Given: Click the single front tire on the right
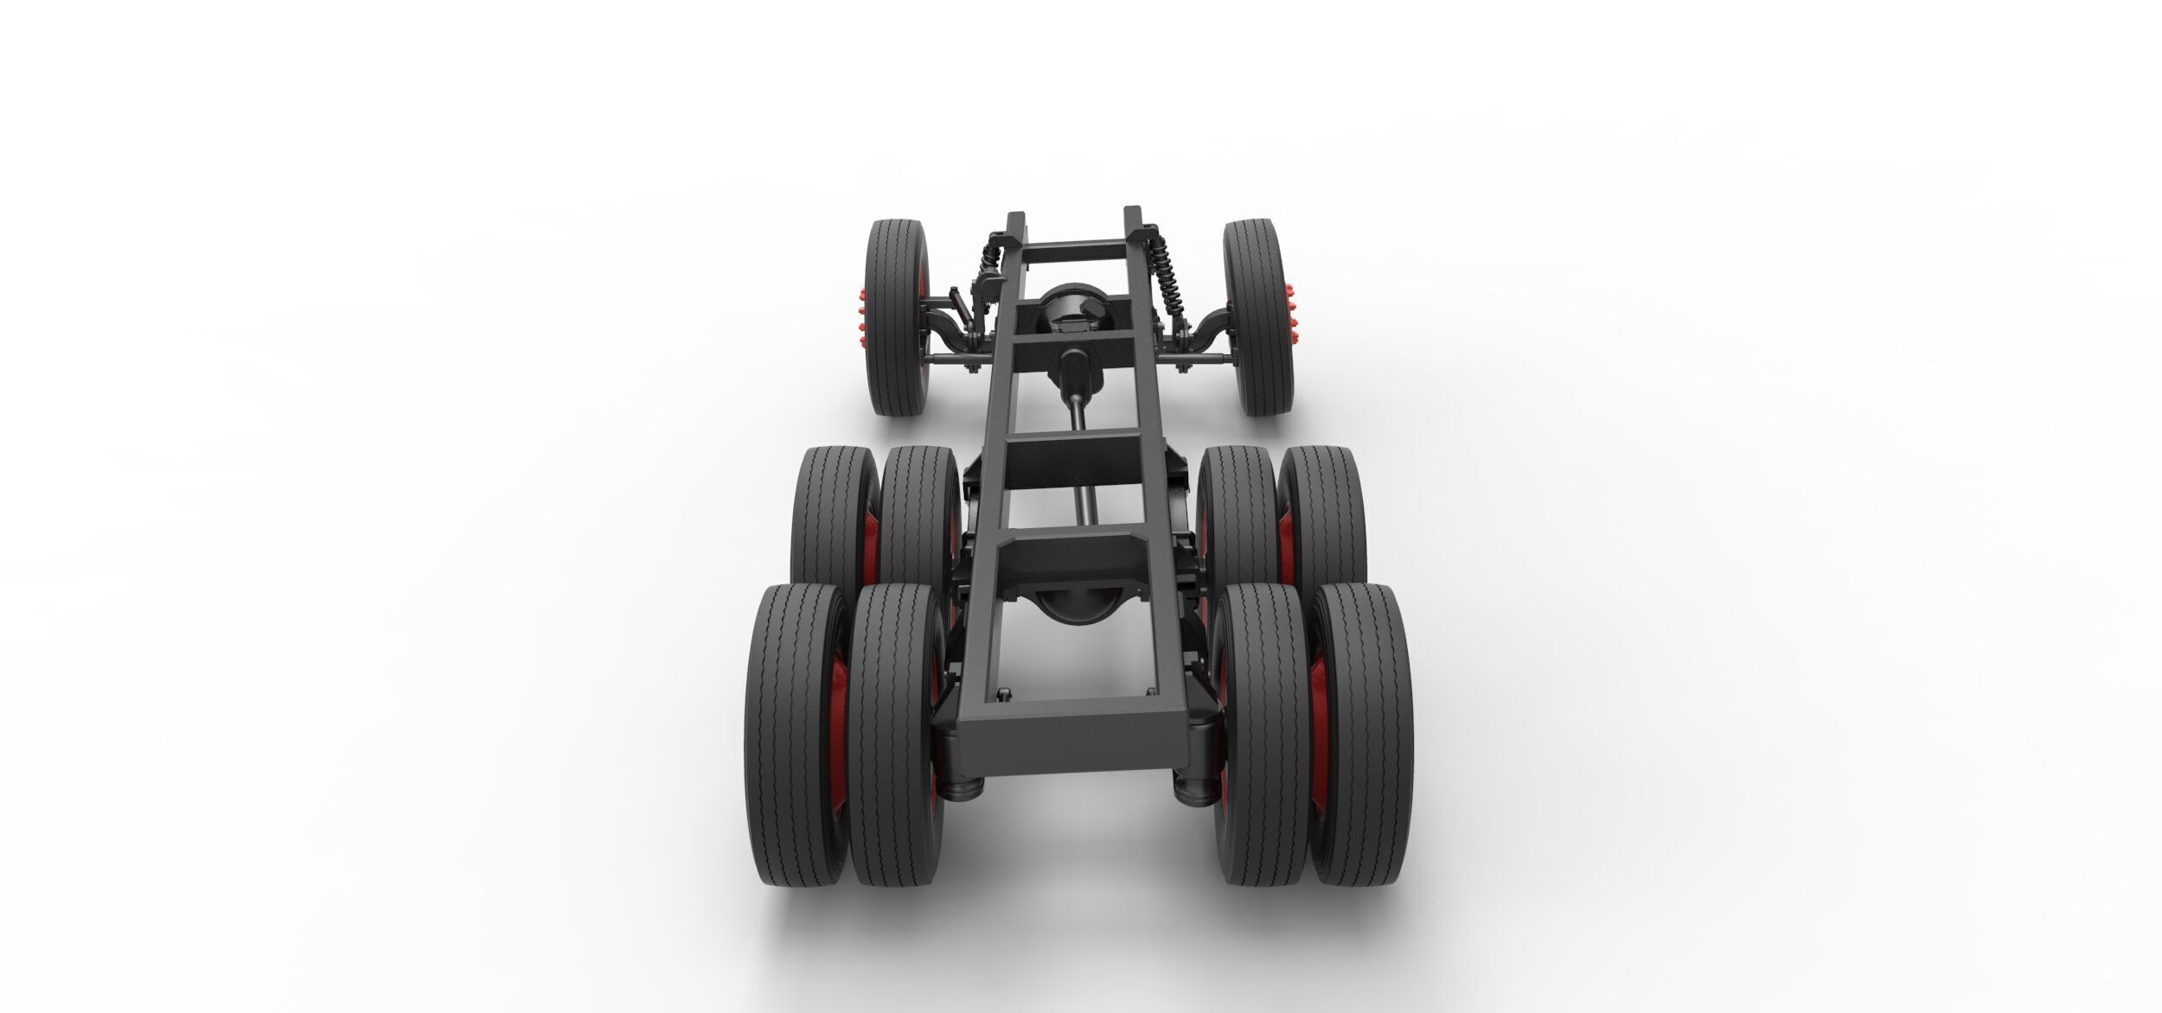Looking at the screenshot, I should [x=1258, y=315].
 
